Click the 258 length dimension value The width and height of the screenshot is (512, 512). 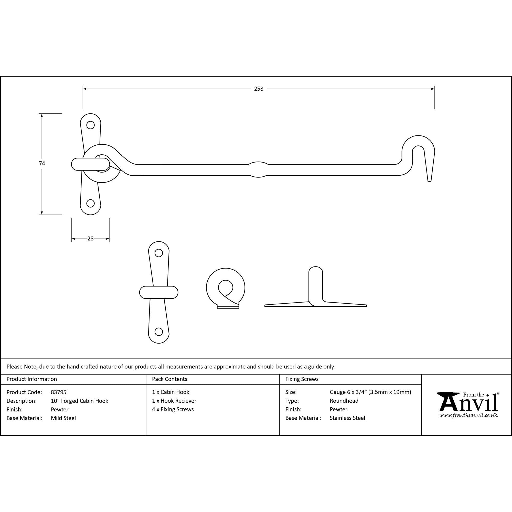(x=259, y=89)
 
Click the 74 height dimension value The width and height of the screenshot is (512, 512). (x=42, y=164)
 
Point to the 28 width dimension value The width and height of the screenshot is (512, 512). (x=90, y=239)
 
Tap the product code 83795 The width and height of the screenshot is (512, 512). (x=59, y=392)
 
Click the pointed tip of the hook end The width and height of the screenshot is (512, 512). (x=429, y=181)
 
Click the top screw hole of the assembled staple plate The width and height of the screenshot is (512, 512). (x=91, y=125)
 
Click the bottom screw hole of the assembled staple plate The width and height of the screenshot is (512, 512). (x=91, y=203)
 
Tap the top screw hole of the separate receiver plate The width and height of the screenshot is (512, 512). (x=159, y=253)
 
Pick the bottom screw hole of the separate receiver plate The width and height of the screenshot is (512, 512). (x=159, y=332)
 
